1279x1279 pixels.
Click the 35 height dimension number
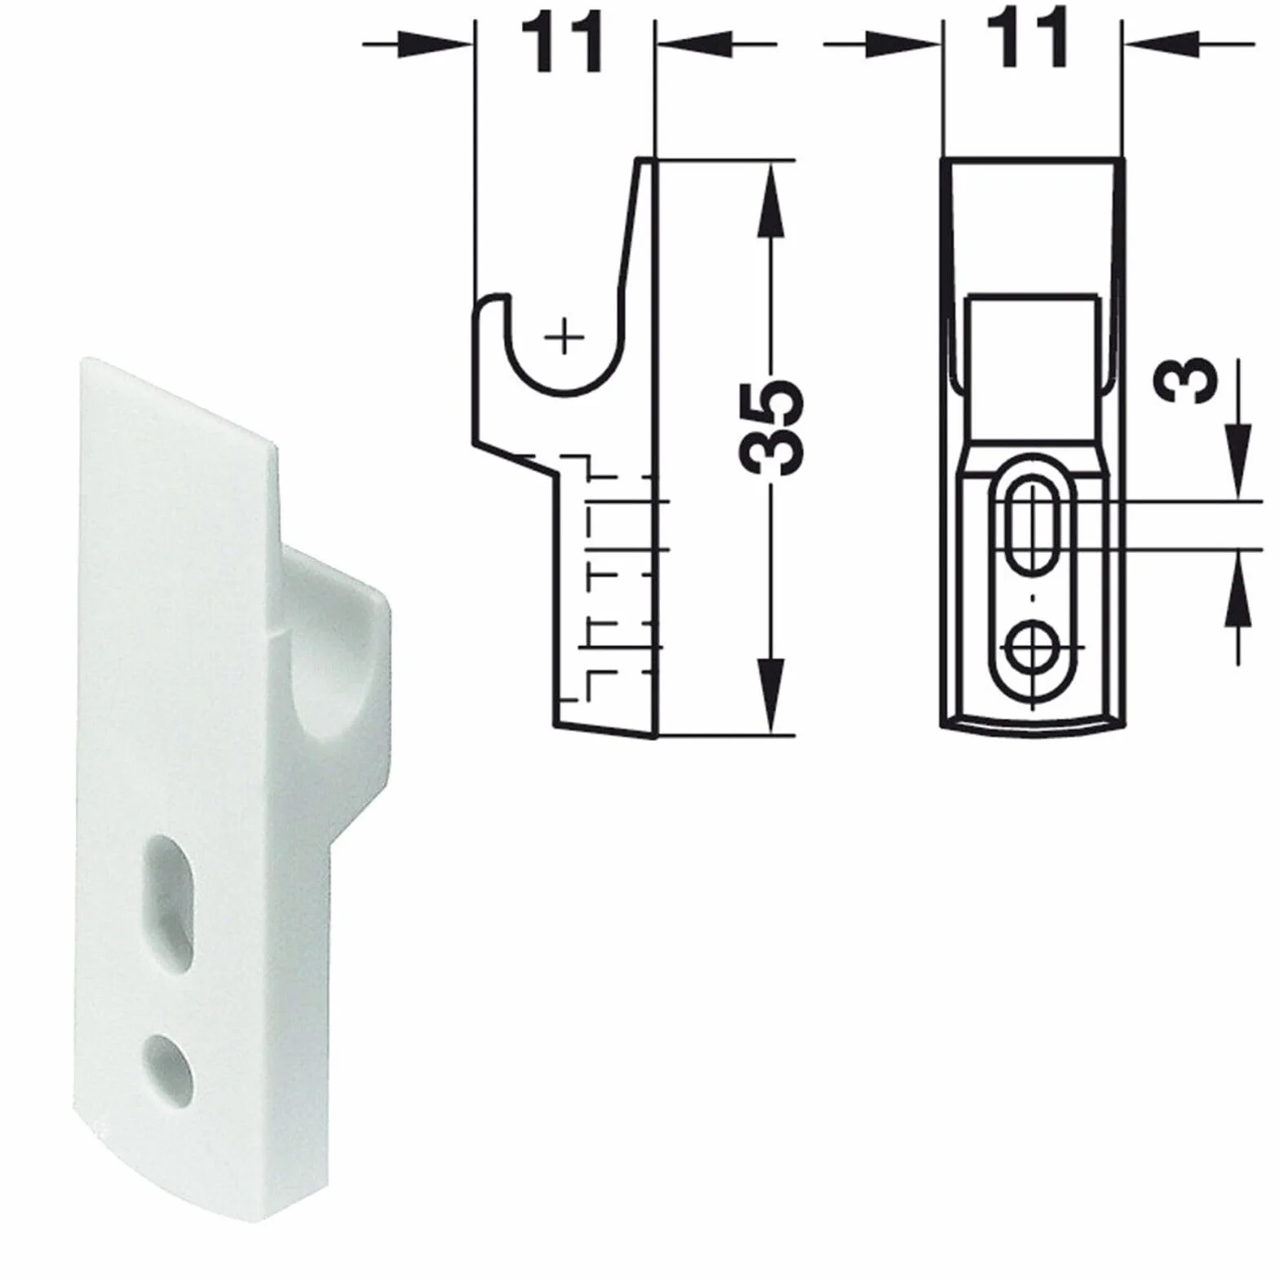pyautogui.click(x=772, y=426)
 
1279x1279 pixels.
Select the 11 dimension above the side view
pyautogui.click(x=564, y=42)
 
